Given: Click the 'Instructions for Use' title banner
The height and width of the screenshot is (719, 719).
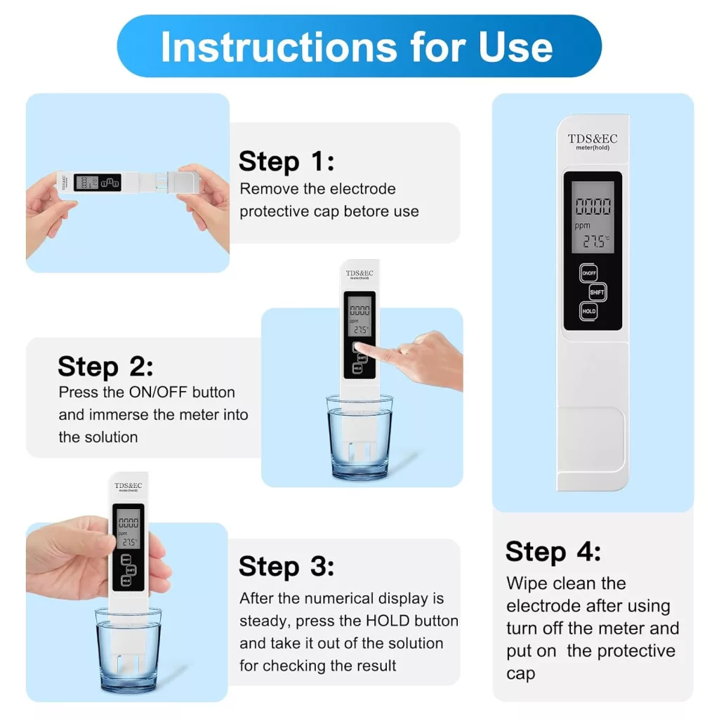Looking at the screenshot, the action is [x=359, y=46].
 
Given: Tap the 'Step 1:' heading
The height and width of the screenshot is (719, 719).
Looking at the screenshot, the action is [x=286, y=161].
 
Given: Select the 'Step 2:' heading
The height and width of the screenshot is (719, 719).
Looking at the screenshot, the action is [x=105, y=367].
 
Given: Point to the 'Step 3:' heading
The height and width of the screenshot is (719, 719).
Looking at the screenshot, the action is [x=286, y=567].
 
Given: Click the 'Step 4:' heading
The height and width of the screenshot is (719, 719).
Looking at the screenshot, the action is [x=553, y=551].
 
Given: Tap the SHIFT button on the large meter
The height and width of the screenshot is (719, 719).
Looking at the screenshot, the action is [x=597, y=292].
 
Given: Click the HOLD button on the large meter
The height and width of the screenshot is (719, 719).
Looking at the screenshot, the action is [x=589, y=311].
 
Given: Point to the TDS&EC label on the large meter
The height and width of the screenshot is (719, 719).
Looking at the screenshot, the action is [x=593, y=138].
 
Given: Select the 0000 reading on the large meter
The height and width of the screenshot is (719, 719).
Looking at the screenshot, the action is [x=593, y=206].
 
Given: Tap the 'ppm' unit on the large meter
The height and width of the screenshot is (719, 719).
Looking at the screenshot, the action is [x=582, y=225].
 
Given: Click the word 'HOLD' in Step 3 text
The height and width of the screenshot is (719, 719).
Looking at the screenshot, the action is [x=388, y=621].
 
